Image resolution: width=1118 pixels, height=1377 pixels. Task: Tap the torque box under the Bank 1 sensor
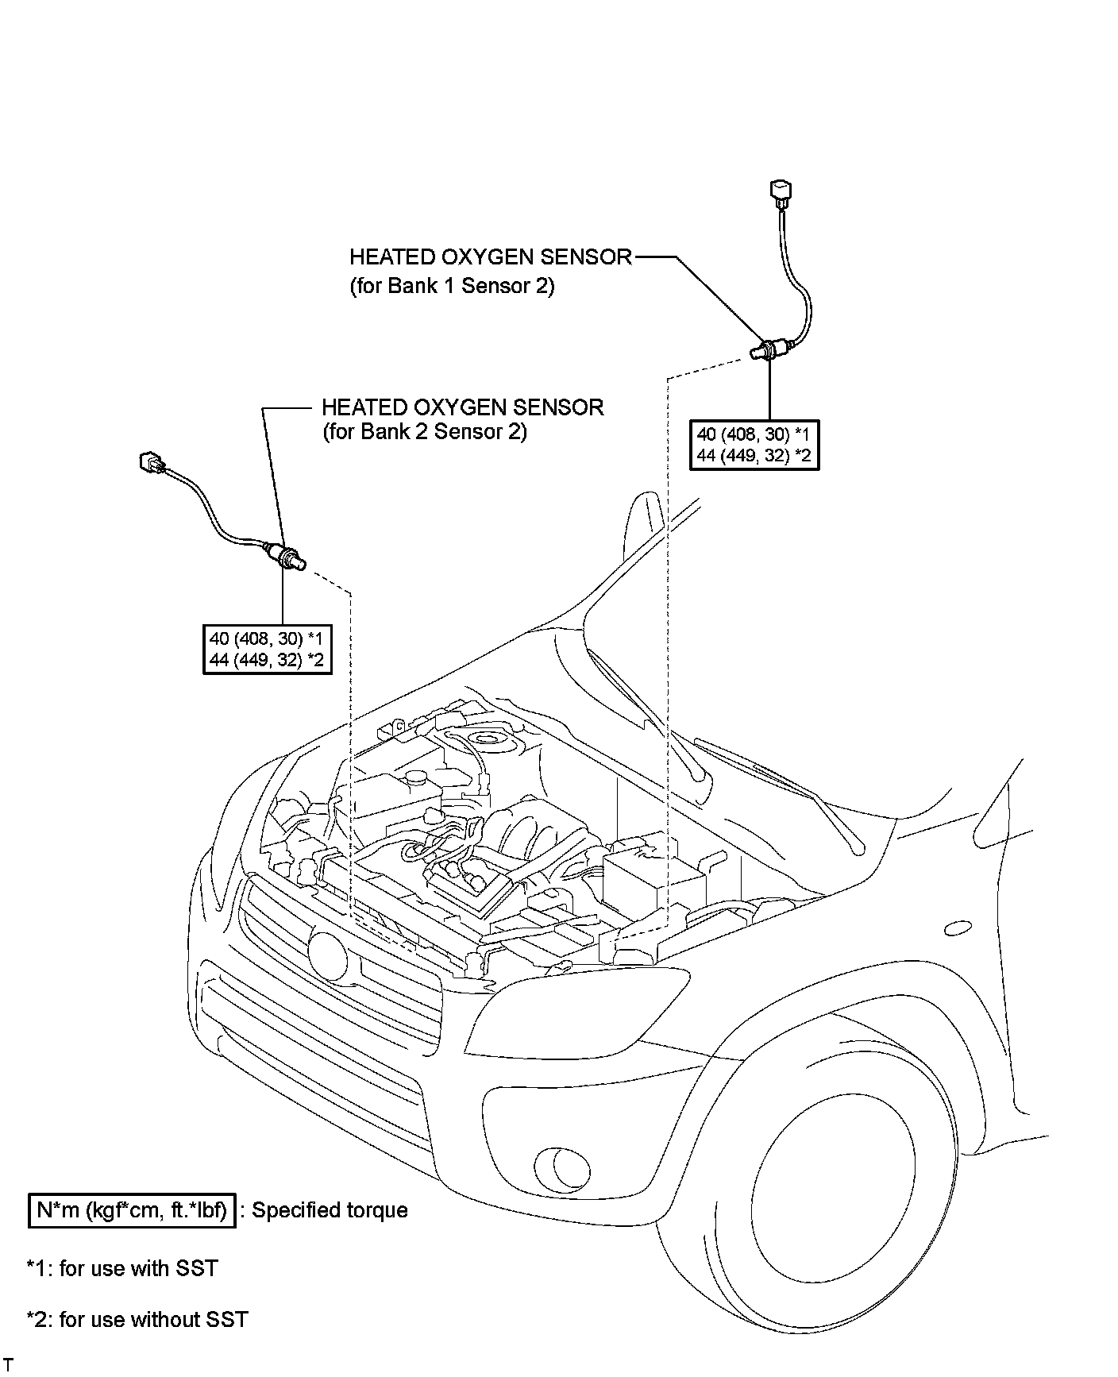[x=754, y=445]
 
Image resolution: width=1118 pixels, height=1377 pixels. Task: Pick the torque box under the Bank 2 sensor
[x=267, y=649]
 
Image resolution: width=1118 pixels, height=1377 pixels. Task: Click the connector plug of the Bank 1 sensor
[x=781, y=193]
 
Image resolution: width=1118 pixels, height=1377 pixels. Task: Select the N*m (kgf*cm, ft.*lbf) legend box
[x=132, y=1210]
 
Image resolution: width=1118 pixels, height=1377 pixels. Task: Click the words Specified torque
[x=330, y=1210]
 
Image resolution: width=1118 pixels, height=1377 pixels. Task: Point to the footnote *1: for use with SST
[x=122, y=1268]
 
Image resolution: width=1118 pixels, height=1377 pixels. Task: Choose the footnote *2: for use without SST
[x=137, y=1319]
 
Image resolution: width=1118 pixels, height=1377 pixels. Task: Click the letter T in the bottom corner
[x=8, y=1364]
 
